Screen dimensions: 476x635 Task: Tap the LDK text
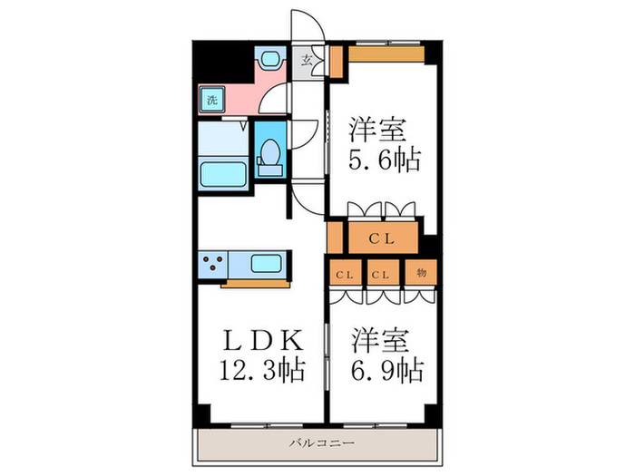[x=258, y=340]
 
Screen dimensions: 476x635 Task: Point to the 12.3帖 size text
[x=258, y=369]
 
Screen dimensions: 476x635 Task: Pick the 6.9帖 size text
[x=384, y=369]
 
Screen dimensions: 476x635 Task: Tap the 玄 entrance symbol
[x=308, y=62]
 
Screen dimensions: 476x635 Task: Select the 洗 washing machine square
[x=210, y=99]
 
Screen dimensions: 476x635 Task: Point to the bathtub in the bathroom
[x=223, y=171]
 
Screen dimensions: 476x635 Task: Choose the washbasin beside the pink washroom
[x=269, y=60]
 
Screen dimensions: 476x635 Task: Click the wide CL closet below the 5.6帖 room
[x=381, y=239]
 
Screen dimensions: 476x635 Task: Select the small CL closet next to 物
[x=384, y=272]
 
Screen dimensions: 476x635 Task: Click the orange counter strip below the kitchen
[x=253, y=284]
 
